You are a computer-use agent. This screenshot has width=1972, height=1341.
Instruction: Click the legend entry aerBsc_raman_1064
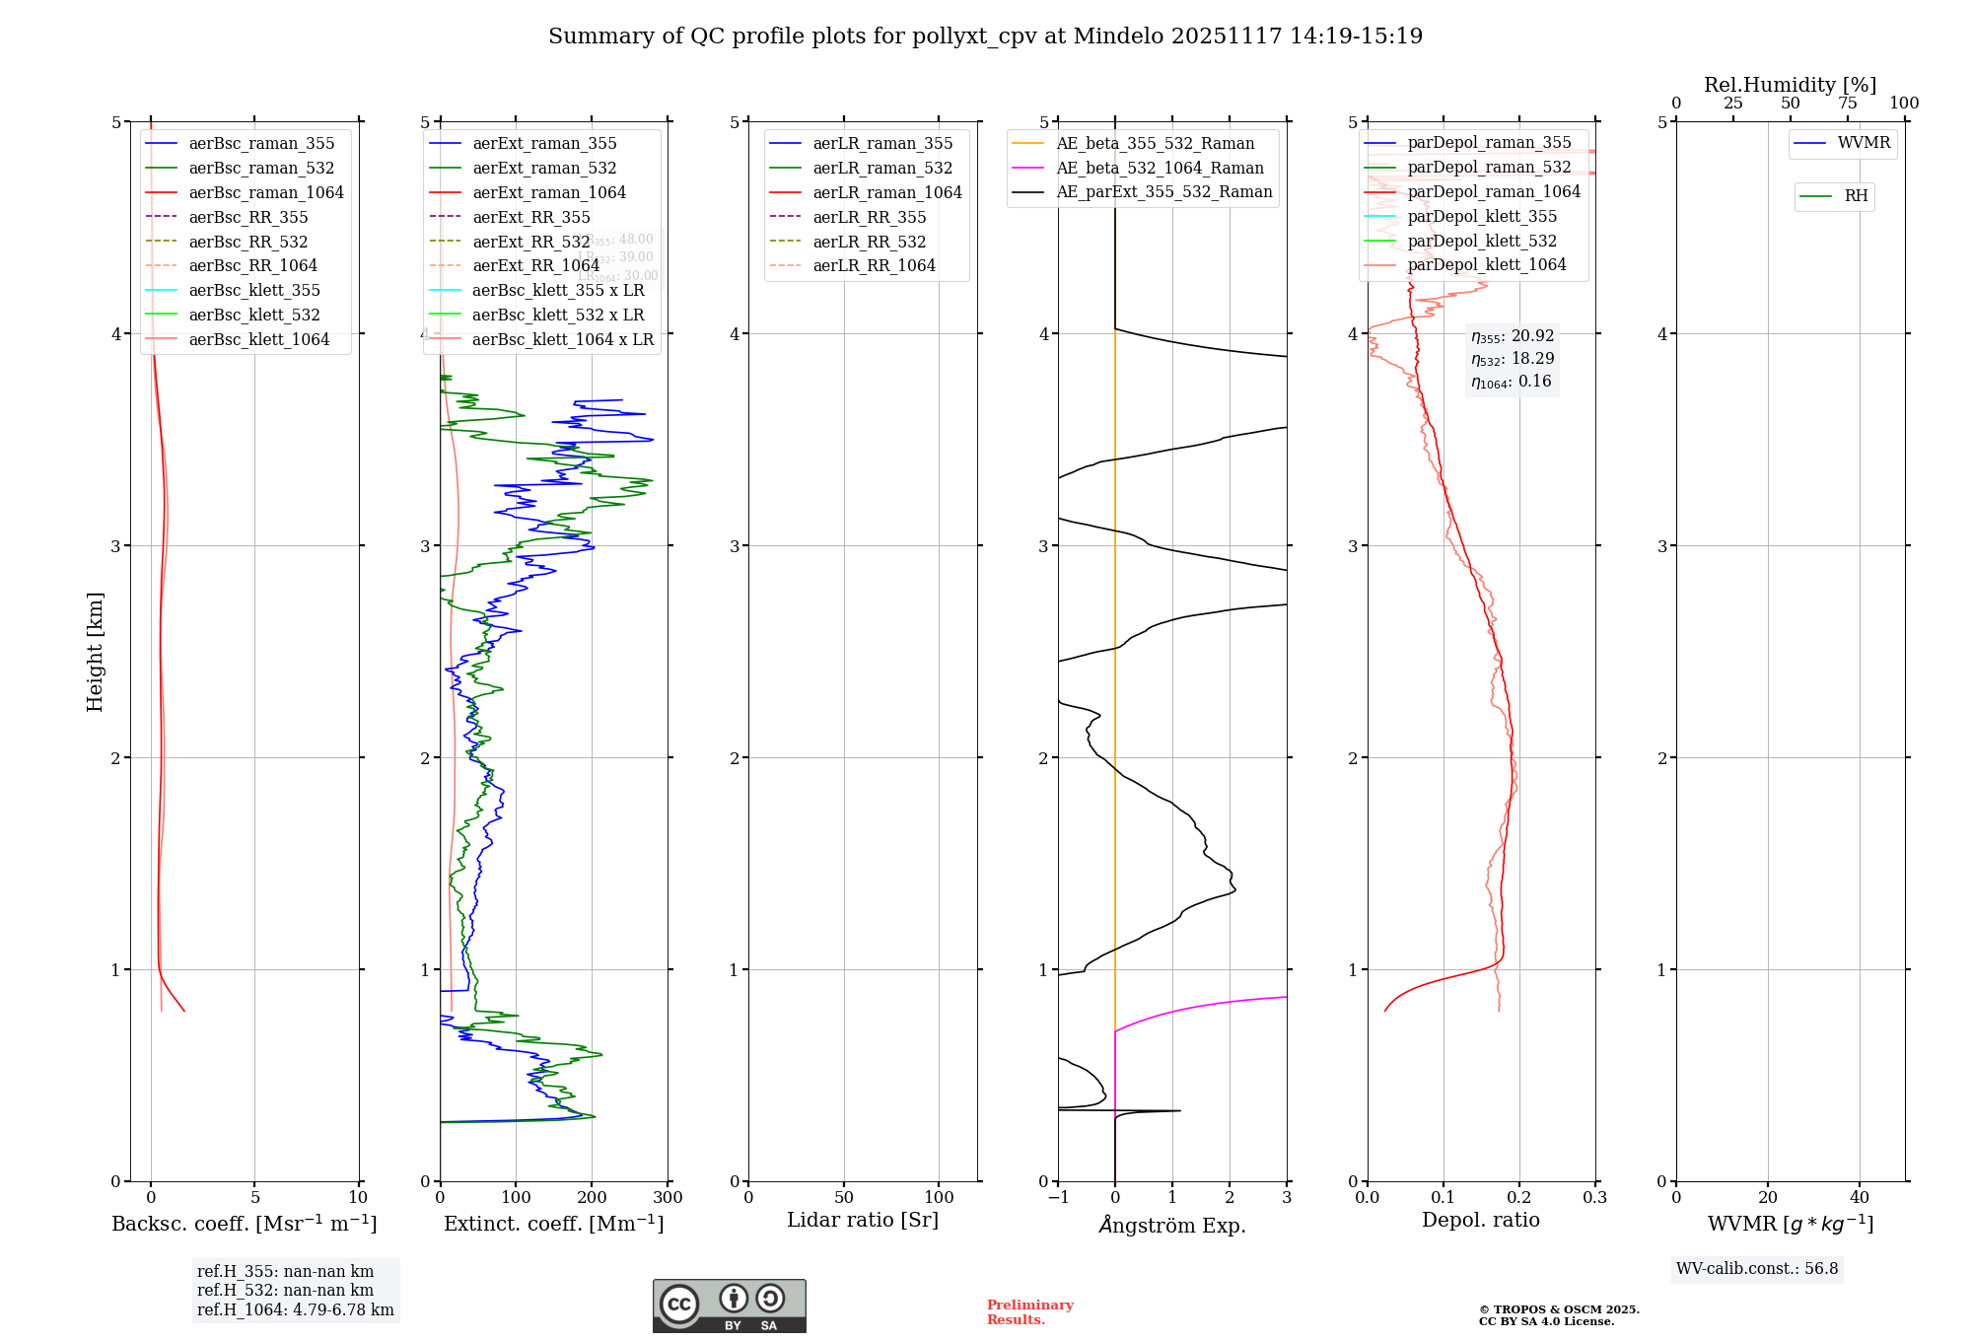pyautogui.click(x=265, y=193)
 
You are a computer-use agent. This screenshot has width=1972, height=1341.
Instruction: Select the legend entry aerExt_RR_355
pyautogui.click(x=530, y=218)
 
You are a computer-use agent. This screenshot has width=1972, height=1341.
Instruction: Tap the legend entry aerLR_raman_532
pyautogui.click(x=881, y=169)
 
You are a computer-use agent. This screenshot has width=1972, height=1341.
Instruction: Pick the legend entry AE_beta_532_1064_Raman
pyautogui.click(x=1160, y=169)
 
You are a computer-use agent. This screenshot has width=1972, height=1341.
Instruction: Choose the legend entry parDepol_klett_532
pyautogui.click(x=1481, y=242)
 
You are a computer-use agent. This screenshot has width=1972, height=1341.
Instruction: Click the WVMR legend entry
pyautogui.click(x=1863, y=143)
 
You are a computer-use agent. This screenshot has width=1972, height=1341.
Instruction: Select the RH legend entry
pyautogui.click(x=1855, y=196)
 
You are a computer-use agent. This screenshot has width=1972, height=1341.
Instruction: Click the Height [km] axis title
pyautogui.click(x=95, y=651)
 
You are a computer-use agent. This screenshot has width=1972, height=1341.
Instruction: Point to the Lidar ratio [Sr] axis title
pyautogui.click(x=863, y=1221)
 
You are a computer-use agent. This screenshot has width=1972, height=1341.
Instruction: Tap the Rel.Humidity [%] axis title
pyautogui.click(x=1790, y=85)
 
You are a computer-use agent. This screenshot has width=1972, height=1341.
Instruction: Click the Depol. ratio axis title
pyautogui.click(x=1480, y=1221)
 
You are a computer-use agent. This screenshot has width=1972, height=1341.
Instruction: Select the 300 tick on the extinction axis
pyautogui.click(x=668, y=1198)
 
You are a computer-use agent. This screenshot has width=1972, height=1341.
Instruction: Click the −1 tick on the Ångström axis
pyautogui.click(x=1058, y=1198)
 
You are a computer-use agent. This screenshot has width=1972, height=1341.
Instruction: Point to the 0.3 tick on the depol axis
pyautogui.click(x=1594, y=1198)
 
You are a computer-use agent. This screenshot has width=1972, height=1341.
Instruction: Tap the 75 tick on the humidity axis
pyautogui.click(x=1847, y=104)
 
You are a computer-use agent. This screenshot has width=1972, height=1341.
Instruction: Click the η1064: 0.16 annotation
pyautogui.click(x=1511, y=383)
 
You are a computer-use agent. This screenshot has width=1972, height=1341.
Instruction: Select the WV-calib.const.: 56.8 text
pyautogui.click(x=1757, y=1269)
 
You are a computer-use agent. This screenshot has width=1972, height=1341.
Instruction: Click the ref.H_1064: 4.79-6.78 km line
pyautogui.click(x=295, y=1310)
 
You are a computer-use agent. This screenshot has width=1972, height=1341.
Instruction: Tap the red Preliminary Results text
pyautogui.click(x=1029, y=1312)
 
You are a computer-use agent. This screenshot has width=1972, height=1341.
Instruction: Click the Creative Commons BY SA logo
pyautogui.click(x=729, y=1306)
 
